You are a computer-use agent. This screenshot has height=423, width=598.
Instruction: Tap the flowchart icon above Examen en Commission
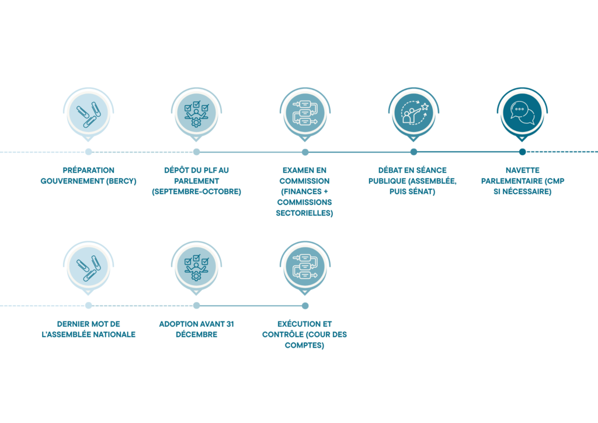pos(305,113)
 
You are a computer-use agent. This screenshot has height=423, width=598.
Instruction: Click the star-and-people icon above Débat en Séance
pos(414,113)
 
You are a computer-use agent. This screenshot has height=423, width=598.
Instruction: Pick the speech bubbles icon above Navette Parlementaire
pos(523,113)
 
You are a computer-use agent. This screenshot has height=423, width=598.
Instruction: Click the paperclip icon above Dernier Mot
pos(89,268)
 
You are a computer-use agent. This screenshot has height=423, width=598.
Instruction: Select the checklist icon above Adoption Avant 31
pos(196,268)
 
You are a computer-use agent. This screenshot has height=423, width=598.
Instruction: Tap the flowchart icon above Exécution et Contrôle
pos(305,266)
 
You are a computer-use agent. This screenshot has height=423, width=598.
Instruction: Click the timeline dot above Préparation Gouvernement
pos(89,152)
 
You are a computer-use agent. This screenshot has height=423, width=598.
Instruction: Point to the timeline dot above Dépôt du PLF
pos(196,152)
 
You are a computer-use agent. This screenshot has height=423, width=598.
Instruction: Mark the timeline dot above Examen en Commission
pos(305,152)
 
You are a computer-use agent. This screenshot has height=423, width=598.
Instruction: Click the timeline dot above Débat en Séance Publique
pos(414,152)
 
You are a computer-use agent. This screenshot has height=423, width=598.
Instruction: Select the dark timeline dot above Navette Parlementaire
pos(523,152)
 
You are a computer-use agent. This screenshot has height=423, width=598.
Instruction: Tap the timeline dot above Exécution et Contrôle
pos(305,306)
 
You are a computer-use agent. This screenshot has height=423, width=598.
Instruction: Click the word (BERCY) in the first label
pos(121,181)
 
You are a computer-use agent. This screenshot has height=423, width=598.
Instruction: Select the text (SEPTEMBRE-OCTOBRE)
pos(196,192)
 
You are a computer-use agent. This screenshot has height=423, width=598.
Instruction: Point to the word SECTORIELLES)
pos(304,213)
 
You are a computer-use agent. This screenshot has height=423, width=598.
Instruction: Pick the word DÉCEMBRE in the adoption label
pos(196,335)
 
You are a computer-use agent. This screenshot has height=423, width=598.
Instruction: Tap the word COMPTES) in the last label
pos(304,345)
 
